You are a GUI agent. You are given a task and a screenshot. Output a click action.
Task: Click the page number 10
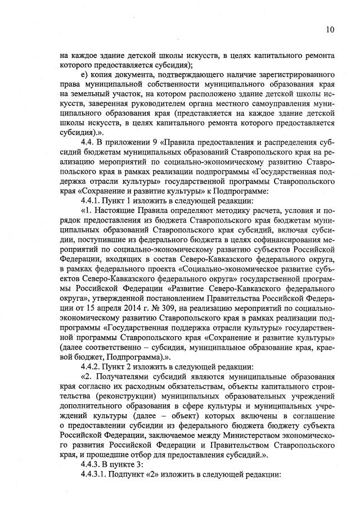click(330, 29)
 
